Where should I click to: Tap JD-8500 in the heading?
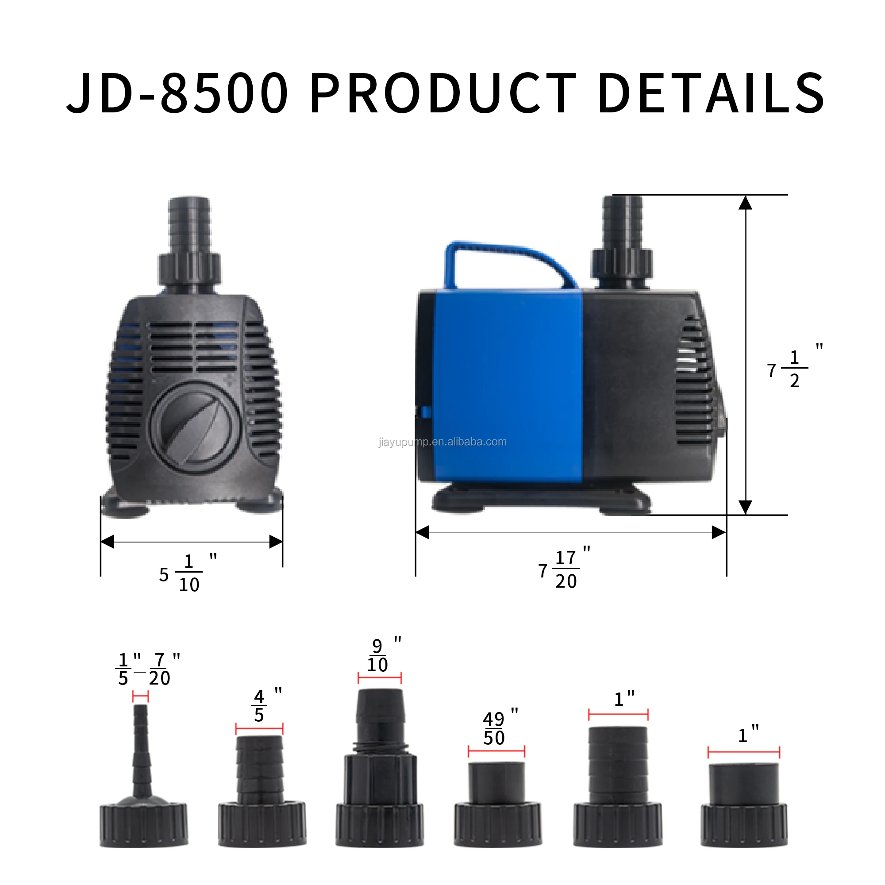pyautogui.click(x=178, y=93)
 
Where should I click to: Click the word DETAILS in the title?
pyautogui.click(x=711, y=93)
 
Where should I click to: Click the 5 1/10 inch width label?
pyautogui.click(x=183, y=573)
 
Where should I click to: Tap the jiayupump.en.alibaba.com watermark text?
pyautogui.click(x=442, y=442)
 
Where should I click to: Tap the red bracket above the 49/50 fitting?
pyautogui.click(x=496, y=751)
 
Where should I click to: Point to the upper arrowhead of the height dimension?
pyautogui.click(x=745, y=203)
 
